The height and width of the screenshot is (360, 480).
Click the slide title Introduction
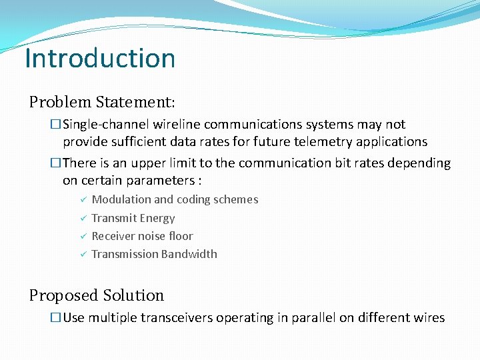99,58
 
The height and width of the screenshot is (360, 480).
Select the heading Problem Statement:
102,102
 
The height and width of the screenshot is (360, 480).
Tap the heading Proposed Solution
96,295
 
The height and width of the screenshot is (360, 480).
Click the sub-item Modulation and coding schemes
175,199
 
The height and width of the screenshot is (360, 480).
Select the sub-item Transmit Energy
133,218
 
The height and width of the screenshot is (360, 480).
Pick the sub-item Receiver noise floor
142,236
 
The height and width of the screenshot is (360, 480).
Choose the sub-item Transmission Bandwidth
154,254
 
